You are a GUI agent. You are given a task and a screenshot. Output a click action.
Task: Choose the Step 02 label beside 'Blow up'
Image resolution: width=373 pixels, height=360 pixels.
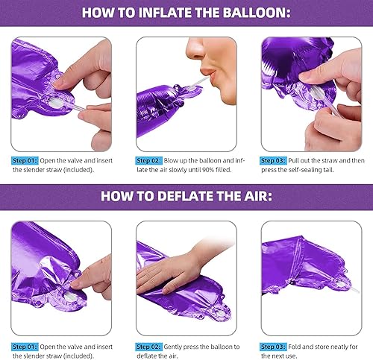148,160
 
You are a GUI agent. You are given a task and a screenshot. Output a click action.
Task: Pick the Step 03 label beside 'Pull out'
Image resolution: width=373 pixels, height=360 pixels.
273,160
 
